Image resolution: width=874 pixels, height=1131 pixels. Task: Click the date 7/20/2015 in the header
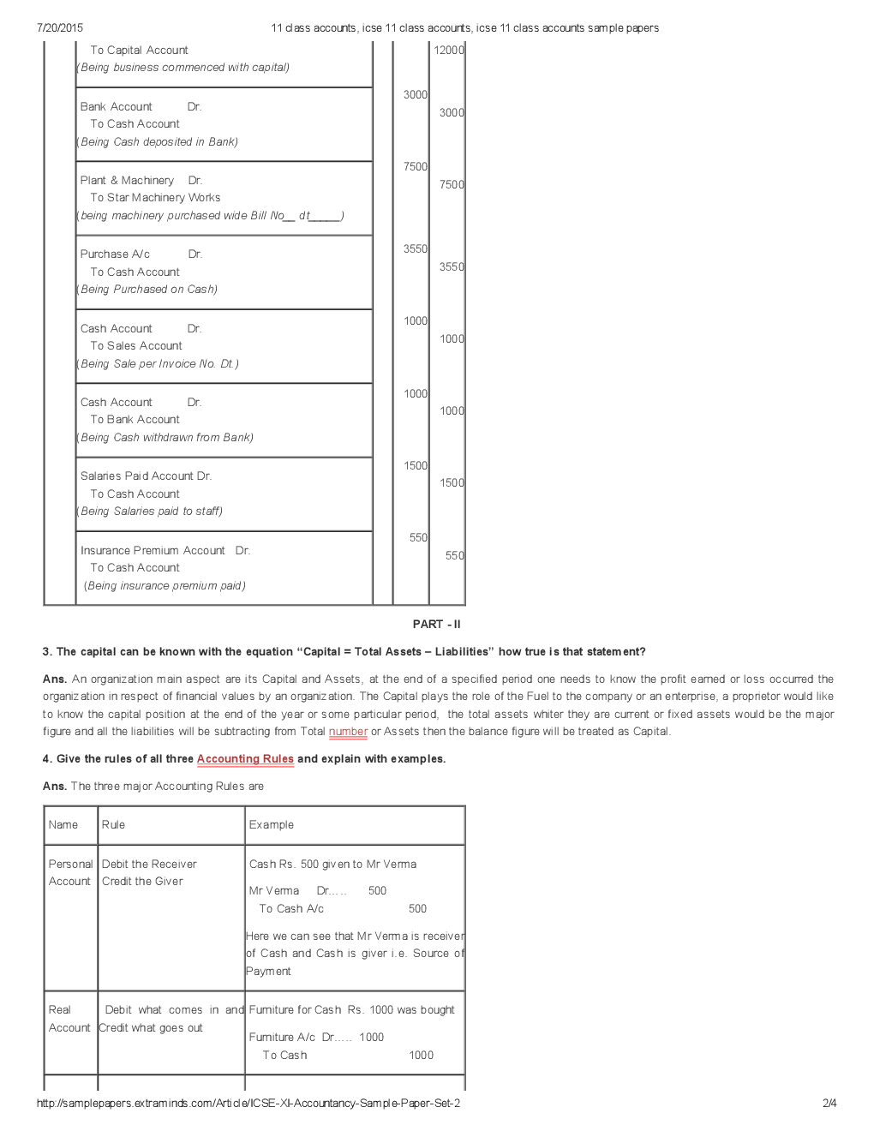click(x=60, y=27)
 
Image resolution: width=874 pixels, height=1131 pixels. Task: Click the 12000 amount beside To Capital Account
click(x=448, y=50)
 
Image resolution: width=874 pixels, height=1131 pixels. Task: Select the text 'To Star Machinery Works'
click(x=155, y=197)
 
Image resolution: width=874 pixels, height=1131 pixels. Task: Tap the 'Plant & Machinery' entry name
click(x=127, y=180)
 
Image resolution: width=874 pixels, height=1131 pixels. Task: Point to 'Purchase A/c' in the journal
click(x=115, y=254)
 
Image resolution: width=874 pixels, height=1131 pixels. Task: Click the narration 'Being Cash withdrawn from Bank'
click(x=166, y=437)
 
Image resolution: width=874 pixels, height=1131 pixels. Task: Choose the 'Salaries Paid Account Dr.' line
click(x=146, y=476)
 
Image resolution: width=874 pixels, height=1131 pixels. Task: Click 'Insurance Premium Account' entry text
click(x=153, y=550)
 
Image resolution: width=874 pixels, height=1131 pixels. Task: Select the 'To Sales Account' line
click(x=136, y=345)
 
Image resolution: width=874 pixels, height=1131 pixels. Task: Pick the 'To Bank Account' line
click(x=135, y=419)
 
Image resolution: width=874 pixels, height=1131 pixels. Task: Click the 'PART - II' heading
click(x=436, y=624)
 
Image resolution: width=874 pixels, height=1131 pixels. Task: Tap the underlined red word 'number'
click(x=348, y=731)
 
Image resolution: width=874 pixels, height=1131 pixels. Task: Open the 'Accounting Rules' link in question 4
click(x=245, y=758)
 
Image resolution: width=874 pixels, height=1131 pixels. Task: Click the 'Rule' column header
click(x=113, y=824)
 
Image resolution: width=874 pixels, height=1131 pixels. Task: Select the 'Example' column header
click(x=271, y=824)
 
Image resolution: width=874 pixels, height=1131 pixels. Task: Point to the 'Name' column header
click(x=63, y=824)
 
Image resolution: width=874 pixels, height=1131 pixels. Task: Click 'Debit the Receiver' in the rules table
click(x=149, y=864)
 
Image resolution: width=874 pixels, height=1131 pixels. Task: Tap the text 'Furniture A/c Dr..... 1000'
click(x=316, y=1037)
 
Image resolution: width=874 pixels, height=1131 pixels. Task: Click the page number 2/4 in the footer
click(x=829, y=1103)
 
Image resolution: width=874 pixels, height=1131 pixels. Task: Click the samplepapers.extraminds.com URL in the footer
click(x=248, y=1103)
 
